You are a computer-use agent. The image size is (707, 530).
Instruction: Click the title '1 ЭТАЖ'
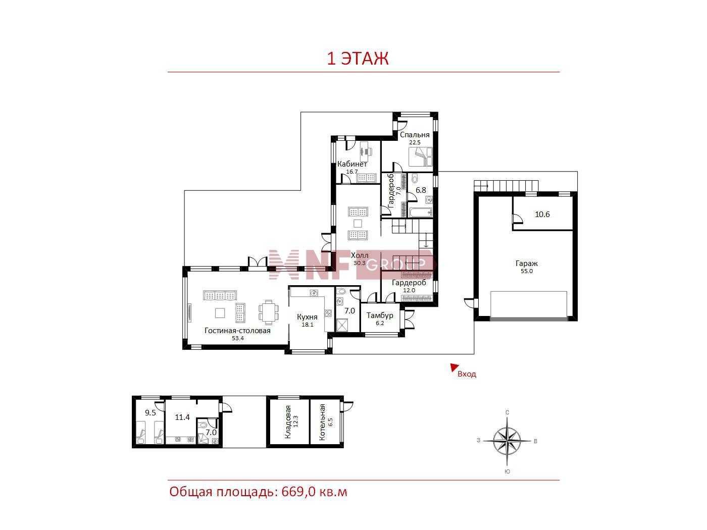pos(358,58)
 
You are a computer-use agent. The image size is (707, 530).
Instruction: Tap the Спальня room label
pos(415,135)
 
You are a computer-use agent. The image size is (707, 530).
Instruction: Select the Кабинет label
pos(352,164)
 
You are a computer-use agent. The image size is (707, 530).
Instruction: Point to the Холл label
pos(360,255)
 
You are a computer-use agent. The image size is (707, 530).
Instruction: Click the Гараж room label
pos(527,263)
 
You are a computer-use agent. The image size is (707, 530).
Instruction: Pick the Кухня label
pos(307,317)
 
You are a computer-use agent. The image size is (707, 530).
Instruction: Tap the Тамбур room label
pos(380,315)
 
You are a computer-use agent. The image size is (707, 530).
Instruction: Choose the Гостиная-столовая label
pos(237,331)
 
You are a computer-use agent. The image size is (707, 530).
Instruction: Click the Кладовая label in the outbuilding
pos(288,421)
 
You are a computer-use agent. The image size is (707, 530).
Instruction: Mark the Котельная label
pos(322,422)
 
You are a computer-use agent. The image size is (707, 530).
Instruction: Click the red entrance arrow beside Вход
pos(454,367)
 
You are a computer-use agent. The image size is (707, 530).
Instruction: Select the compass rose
pos(507,441)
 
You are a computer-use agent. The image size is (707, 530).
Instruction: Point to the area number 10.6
pos(542,215)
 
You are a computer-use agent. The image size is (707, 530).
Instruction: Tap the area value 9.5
pos(150,413)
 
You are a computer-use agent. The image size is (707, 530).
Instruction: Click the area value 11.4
pos(182,417)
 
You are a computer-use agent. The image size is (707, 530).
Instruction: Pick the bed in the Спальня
pos(420,156)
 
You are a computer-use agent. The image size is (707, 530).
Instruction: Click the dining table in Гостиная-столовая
pos(269,312)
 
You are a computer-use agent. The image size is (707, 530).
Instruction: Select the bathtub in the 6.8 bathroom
pos(421,213)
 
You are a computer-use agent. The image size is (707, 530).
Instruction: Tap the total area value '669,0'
pos(298,492)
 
